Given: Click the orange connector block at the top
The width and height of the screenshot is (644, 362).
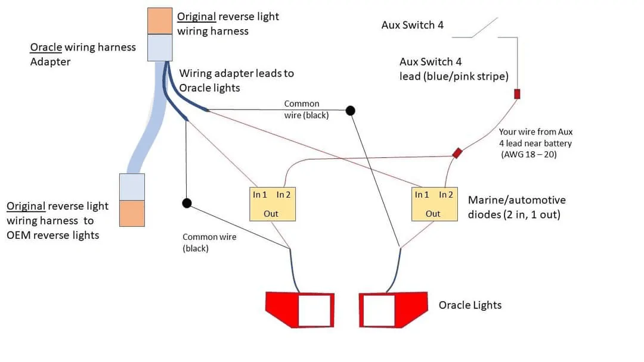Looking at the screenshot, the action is click(160, 21).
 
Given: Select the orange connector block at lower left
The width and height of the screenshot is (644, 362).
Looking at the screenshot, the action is click(132, 213).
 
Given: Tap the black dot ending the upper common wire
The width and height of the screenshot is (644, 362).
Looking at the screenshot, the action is click(351, 111).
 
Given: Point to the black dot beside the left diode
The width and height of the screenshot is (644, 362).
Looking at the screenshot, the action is click(187, 203).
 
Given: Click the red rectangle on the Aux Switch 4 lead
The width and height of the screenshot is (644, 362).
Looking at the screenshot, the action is click(517, 94).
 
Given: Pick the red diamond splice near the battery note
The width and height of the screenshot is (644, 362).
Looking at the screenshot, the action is click(457, 153).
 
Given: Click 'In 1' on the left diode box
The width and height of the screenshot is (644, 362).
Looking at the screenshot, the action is click(260, 195).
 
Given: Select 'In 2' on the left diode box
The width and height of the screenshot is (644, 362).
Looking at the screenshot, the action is click(283, 195).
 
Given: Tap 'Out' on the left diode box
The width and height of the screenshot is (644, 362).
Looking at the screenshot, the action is click(271, 214).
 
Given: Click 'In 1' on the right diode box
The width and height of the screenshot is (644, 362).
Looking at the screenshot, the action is click(422, 195).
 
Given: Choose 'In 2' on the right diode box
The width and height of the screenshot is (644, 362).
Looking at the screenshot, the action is click(446, 195).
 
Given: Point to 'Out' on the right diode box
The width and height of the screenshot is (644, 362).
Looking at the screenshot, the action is click(433, 214).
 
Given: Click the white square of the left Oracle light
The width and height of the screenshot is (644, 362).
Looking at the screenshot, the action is click(315, 310).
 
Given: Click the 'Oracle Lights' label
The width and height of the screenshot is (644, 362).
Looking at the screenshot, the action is click(470, 305).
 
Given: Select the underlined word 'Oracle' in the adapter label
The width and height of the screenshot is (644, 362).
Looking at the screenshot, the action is click(46, 47).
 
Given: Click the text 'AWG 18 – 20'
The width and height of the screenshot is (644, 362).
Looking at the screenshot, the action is click(529, 155).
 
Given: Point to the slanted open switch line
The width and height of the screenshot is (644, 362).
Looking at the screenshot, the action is click(485, 27).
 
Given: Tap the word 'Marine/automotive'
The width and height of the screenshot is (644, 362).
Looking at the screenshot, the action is click(516, 199).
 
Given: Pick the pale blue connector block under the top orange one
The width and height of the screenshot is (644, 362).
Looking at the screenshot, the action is click(160, 48).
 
